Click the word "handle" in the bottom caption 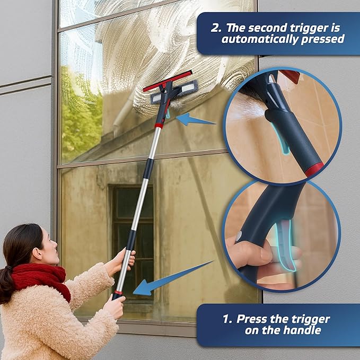(x=302, y=331)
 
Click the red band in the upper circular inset (x=314, y=170)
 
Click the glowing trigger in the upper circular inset (x=283, y=144)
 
